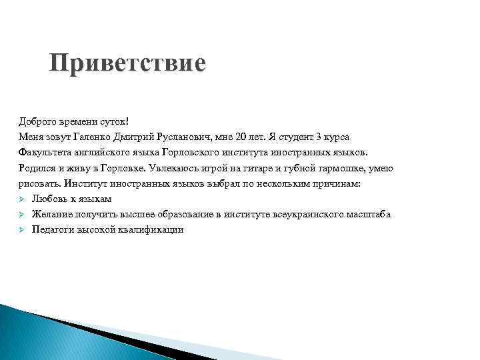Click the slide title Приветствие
point(127,65)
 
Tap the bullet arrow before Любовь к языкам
point(22,199)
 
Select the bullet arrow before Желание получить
point(22,214)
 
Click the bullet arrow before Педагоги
point(22,229)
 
